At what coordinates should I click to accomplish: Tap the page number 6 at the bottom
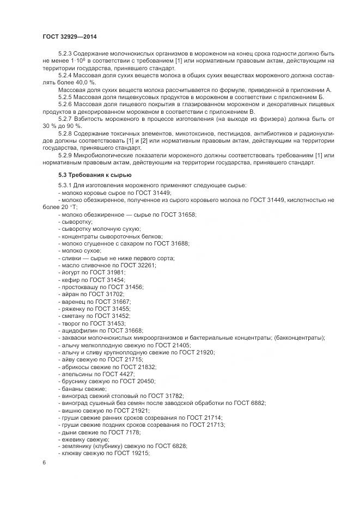pyautogui.click(x=44, y=462)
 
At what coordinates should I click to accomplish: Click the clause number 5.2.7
pyautogui.click(x=66, y=117)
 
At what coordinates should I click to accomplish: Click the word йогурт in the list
pyautogui.click(x=70, y=272)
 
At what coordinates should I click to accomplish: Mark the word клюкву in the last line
pyautogui.click(x=72, y=454)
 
